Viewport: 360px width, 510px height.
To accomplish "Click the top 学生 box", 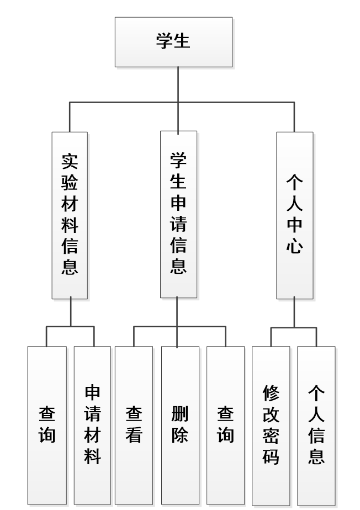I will click(173, 42).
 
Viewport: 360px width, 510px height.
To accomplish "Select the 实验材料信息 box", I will click(70, 215).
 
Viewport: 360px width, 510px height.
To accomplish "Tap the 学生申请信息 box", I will click(178, 214).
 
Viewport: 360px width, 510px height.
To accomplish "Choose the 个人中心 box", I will click(294, 215).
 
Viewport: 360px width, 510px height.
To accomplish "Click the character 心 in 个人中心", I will click(294, 246).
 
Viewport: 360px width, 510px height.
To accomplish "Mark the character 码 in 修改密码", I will click(271, 456).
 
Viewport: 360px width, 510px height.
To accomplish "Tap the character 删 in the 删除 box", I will click(180, 414).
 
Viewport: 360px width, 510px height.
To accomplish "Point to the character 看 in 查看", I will click(134, 435).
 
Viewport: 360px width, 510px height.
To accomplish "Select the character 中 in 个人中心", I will click(294, 225).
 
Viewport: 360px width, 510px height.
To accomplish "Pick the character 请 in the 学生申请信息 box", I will click(178, 225).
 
